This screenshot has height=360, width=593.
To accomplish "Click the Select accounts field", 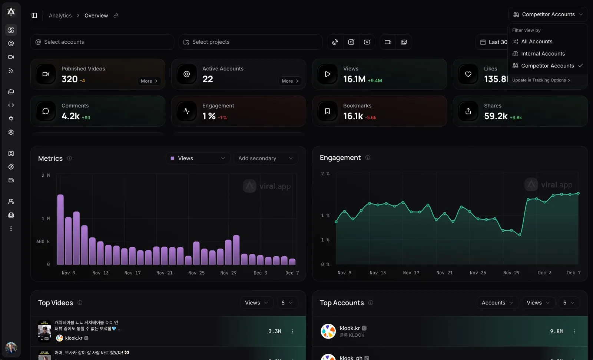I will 102,42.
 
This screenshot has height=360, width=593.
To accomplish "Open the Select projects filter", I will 250,42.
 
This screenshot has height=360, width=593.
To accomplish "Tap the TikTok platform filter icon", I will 335,42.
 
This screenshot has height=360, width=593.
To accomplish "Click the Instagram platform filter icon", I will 351,42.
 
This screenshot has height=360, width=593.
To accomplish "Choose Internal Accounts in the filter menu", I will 543,54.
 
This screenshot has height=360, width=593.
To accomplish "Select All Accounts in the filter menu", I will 536,41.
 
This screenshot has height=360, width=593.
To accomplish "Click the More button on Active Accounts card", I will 290,81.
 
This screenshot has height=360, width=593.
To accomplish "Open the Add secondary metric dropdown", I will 265,159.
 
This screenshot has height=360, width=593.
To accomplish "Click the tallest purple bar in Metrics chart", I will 60,229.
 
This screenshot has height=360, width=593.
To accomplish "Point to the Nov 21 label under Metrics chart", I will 165,273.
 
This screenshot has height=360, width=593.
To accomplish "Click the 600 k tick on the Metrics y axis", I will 43,241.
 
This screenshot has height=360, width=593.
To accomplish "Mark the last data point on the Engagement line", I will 578,193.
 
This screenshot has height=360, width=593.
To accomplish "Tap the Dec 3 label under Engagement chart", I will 544,273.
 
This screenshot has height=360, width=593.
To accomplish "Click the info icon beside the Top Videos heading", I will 80,303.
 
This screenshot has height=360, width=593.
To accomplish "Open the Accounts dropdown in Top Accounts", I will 497,303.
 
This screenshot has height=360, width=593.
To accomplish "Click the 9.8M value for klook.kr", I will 556,331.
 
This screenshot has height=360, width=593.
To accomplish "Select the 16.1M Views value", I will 354,79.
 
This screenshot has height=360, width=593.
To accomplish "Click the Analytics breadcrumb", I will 60,16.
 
